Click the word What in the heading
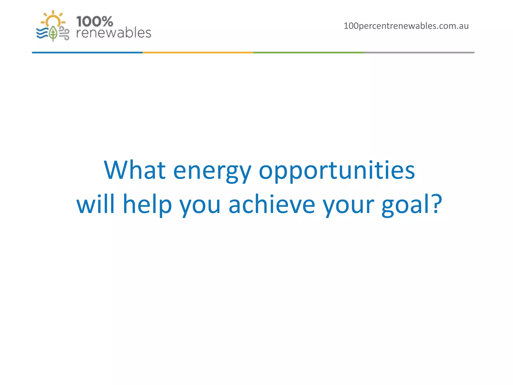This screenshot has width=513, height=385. click(135, 170)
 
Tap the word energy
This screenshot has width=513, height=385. click(212, 172)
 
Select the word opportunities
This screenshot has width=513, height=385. click(337, 172)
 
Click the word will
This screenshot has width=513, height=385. click(95, 204)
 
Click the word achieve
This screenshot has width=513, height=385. click(272, 204)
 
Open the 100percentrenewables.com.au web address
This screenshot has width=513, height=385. click(406, 26)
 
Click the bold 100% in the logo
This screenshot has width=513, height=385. click(94, 22)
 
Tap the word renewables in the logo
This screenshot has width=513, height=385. click(113, 33)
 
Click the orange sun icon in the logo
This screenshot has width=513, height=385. click(53, 19)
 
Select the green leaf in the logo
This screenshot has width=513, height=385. click(53, 33)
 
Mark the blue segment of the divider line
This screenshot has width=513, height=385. click(87, 52)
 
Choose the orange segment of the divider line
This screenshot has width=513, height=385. click(198, 52)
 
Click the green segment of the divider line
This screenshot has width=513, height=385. click(308, 52)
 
